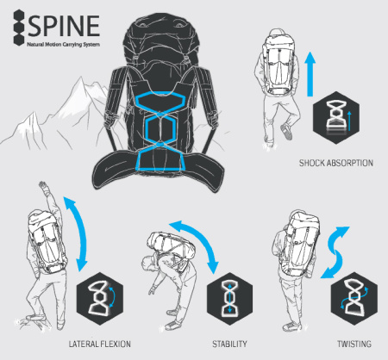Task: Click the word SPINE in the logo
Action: pyautogui.click(x=64, y=26)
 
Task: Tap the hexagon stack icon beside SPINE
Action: pyautogui.click(x=19, y=28)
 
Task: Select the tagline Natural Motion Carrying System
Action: pyautogui.click(x=63, y=45)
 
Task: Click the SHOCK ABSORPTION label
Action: pyautogui.click(x=336, y=163)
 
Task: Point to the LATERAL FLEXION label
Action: pyautogui.click(x=100, y=344)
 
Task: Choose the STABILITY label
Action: pyautogui.click(x=229, y=344)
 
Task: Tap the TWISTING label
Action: pyautogui.click(x=354, y=344)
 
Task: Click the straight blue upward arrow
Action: pyautogui.click(x=310, y=74)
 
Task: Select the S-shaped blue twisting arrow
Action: pyautogui.click(x=335, y=252)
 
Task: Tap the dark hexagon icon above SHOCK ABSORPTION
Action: pyautogui.click(x=336, y=118)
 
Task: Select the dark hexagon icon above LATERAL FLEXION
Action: pyautogui.click(x=100, y=299)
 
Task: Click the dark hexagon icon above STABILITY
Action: pyautogui.click(x=229, y=299)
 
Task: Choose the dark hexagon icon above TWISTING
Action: pyautogui.click(x=354, y=299)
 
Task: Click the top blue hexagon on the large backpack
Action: pyautogui.click(x=160, y=93)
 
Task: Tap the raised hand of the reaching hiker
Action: pyautogui.click(x=43, y=184)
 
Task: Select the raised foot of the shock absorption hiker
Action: pyautogui.click(x=286, y=131)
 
